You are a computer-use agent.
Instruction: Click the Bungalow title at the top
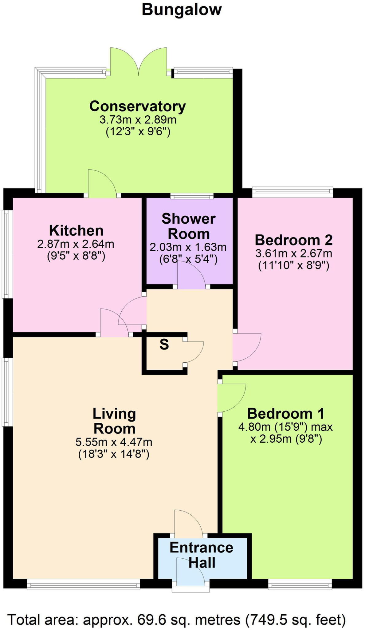point(182,10)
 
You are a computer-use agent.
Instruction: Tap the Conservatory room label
point(137,106)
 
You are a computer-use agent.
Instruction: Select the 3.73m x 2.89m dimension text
point(138,119)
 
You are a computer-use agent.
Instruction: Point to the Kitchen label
point(76,230)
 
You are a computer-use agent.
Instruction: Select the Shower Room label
point(189,226)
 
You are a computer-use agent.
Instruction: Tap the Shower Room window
point(192,196)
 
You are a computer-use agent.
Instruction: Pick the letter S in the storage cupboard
point(164,345)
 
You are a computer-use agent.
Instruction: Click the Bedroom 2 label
point(293,240)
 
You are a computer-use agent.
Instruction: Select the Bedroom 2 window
point(292,192)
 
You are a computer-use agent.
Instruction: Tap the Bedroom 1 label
point(285,413)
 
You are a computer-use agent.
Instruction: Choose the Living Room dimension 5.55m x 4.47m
point(114,442)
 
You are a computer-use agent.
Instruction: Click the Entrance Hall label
point(201,555)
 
